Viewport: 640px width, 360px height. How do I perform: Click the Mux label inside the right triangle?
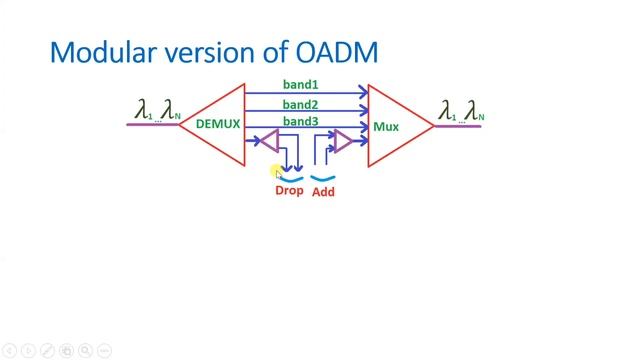click(x=386, y=127)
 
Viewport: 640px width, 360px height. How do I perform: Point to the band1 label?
click(x=300, y=86)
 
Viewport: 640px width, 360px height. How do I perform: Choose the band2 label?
click(x=300, y=105)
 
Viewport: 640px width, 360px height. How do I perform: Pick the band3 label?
click(x=300, y=122)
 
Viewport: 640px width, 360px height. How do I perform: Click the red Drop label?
click(x=289, y=190)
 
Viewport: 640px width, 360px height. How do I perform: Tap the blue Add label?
click(x=323, y=191)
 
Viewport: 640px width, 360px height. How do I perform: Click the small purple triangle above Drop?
click(x=270, y=142)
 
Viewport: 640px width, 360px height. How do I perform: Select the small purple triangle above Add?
click(x=342, y=142)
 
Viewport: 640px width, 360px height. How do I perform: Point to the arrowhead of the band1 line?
click(x=364, y=94)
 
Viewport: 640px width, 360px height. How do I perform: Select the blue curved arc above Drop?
click(x=289, y=178)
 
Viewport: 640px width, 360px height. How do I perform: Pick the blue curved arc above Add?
click(x=322, y=178)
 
